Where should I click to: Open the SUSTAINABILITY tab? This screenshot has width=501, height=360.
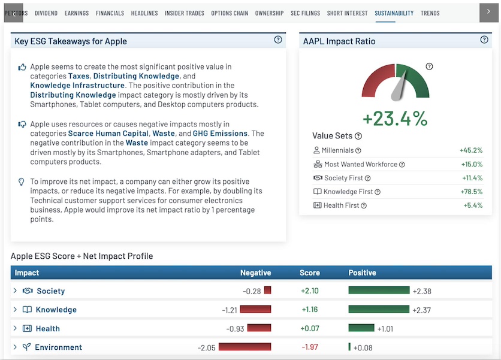pos(394,13)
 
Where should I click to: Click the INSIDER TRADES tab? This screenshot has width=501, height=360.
pos(185,13)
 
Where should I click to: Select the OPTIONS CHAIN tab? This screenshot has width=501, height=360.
pos(230,13)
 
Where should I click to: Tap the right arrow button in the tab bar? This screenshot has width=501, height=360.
pos(488,12)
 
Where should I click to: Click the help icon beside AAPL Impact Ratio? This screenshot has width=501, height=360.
pos(484,40)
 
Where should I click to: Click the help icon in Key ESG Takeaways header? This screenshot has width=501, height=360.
pos(278,40)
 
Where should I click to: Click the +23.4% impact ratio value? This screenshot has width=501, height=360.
pos(395,119)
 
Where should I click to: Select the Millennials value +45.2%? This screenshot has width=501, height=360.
pos(471,150)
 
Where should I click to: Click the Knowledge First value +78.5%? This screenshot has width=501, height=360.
pos(471,192)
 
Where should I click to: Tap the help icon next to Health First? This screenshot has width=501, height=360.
pos(364,205)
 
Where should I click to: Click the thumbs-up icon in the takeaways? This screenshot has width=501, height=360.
pos(22,67)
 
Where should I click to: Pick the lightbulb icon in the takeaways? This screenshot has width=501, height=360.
pos(21,181)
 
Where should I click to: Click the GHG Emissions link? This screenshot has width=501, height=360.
pos(220,134)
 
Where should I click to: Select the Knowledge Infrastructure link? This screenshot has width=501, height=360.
pos(77,86)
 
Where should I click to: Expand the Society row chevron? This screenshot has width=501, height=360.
pos(15,291)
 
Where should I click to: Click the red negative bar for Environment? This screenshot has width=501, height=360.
pos(245,347)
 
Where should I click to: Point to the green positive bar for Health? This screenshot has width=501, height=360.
pos(361,328)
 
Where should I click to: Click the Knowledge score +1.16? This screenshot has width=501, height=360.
pos(310,310)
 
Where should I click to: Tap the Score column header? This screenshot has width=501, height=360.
pos(310,273)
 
